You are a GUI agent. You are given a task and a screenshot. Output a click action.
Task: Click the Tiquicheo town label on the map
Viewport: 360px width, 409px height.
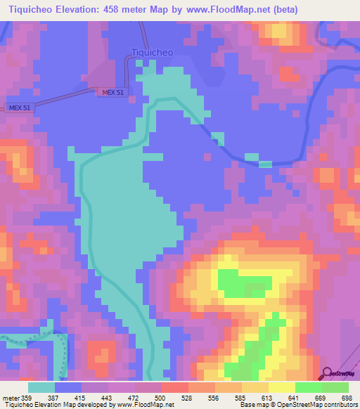point(153,51)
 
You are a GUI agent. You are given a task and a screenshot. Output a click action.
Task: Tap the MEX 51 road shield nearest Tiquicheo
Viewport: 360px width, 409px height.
point(112,92)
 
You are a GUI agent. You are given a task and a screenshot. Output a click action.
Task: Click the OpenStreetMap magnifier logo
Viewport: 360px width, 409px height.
point(328,374)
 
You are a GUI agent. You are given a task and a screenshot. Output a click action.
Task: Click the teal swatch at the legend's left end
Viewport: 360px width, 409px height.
point(41,388)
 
